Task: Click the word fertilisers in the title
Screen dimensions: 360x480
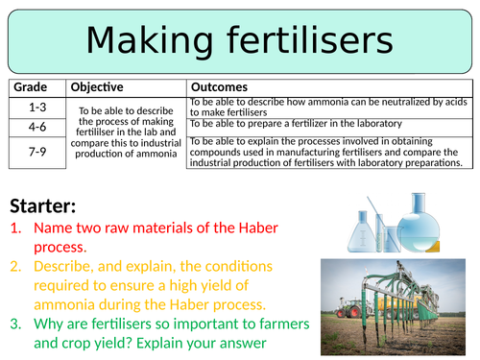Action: (316, 40)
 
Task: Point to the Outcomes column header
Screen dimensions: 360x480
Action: (222, 86)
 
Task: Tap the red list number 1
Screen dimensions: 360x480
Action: (16, 228)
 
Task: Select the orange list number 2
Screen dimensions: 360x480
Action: (16, 266)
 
